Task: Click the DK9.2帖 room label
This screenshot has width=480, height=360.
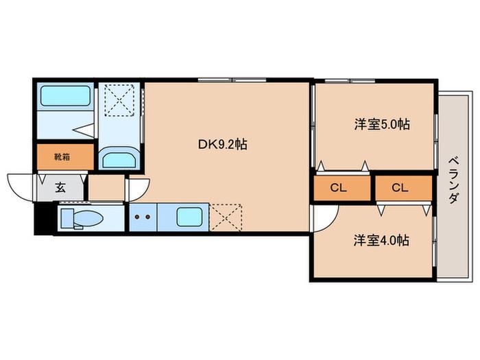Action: (x=223, y=144)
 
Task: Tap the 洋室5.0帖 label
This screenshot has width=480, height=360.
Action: (x=382, y=124)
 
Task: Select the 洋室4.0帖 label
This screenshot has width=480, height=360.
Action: (x=381, y=240)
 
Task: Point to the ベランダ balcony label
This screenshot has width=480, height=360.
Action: (x=454, y=180)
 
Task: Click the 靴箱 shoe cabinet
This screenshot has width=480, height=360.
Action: (x=65, y=157)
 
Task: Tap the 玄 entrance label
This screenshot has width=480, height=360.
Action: (x=60, y=187)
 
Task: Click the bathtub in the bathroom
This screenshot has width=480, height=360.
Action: (x=65, y=96)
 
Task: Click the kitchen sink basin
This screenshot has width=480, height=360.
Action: (x=189, y=217)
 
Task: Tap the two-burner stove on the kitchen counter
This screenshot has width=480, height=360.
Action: (x=143, y=217)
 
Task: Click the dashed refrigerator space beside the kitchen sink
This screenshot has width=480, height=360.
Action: (x=226, y=217)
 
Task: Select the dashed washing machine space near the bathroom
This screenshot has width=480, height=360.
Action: (x=119, y=100)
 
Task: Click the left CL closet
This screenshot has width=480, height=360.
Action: (x=342, y=188)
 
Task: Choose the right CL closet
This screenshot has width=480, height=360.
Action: (x=404, y=188)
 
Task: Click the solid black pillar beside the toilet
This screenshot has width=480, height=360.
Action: (x=43, y=218)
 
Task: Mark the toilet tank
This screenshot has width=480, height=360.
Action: (x=67, y=218)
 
